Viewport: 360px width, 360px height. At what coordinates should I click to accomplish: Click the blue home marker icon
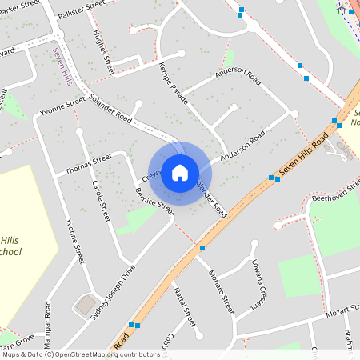point(180,173)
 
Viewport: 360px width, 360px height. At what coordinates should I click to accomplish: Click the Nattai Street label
point(185,307)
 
